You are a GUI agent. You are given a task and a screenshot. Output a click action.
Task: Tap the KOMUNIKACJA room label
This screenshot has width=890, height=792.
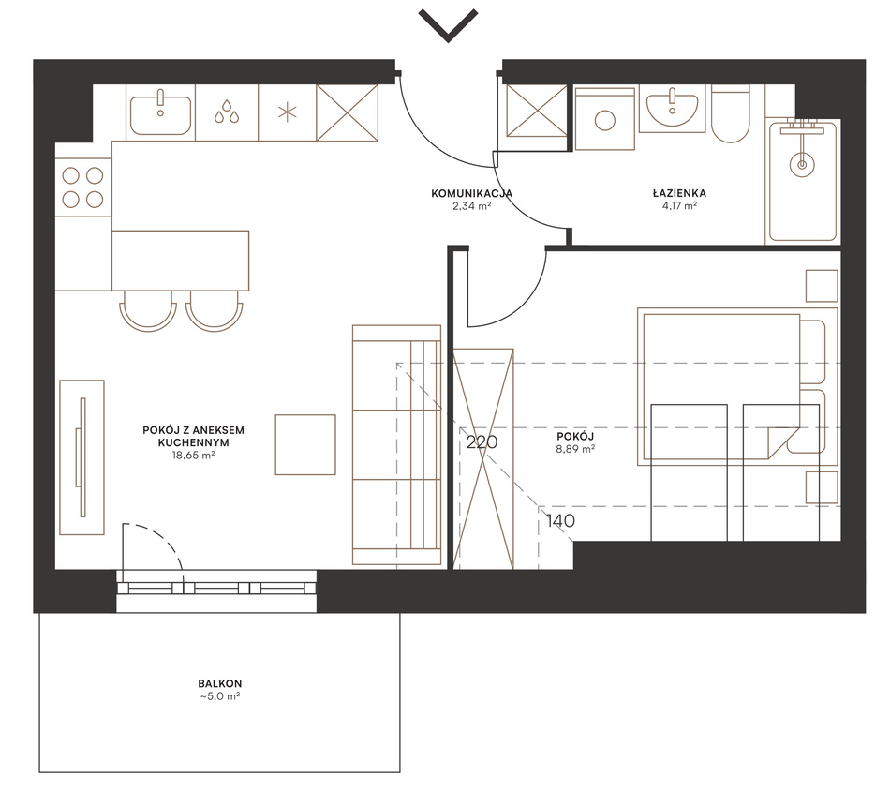tap(471, 194)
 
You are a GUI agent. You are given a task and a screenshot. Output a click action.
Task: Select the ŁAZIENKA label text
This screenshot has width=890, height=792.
tap(679, 194)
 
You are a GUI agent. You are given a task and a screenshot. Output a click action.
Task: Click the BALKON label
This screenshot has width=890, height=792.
tap(219, 683)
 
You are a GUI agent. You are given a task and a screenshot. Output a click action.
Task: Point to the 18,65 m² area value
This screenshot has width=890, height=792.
tap(193, 455)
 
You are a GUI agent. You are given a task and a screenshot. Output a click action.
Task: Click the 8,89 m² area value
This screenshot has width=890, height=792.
tap(575, 449)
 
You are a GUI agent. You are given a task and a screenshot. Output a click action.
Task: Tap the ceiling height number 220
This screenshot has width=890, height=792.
tap(482, 441)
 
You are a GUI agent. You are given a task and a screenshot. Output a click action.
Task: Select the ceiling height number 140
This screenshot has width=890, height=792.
tap(561, 520)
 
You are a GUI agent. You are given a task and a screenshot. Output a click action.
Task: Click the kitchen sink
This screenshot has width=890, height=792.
tap(160, 114)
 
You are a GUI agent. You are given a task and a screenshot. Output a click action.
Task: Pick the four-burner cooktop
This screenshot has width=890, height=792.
tap(82, 187)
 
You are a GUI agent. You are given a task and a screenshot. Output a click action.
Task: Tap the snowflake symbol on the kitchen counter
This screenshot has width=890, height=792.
tap(288, 112)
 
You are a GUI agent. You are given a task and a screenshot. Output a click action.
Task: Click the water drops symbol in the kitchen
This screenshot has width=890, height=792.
tap(227, 112)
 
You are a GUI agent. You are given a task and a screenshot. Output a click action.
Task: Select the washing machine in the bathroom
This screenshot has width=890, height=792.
tap(604, 119)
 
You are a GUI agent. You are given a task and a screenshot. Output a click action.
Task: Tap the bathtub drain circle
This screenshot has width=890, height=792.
tap(802, 165)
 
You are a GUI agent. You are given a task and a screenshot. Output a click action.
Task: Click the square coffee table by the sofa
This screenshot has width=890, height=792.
tap(305, 444)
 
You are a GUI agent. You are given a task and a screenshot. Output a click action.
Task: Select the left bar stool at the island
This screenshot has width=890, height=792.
tap(148, 310)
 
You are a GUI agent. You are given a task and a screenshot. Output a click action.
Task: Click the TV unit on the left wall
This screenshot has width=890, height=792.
tap(82, 457)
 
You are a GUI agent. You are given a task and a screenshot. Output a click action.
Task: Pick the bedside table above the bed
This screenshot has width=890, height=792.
tap(822, 286)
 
